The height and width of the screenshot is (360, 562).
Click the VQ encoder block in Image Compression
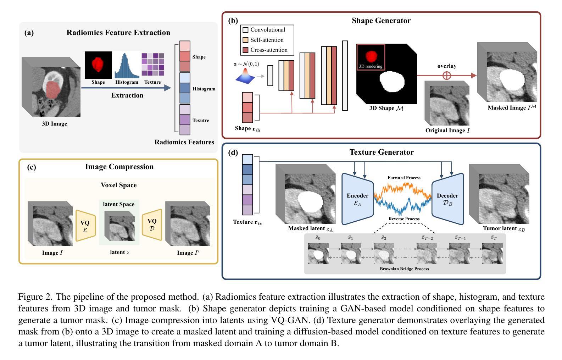click(85, 226)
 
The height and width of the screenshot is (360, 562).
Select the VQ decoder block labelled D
click(152, 225)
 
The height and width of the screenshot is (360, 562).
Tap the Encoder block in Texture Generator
click(357, 199)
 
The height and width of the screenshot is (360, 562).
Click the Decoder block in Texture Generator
click(447, 199)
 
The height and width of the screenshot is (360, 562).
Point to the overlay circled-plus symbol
click(447, 76)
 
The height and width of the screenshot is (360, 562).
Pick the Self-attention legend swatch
click(245, 40)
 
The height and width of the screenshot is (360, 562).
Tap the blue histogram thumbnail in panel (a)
click(127, 66)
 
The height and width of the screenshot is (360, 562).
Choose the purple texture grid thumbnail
click(153, 65)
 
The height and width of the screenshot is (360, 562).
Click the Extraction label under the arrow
click(127, 95)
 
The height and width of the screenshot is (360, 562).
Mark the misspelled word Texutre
click(201, 121)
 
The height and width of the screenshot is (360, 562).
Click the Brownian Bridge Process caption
click(404, 269)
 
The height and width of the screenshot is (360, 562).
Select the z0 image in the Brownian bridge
click(318, 253)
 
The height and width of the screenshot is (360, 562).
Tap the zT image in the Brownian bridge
click(493, 253)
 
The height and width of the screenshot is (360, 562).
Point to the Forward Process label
click(404, 178)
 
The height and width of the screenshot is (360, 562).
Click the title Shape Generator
click(381, 21)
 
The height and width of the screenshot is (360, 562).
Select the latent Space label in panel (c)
click(119, 204)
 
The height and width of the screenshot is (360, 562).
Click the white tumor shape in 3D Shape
click(392, 82)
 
